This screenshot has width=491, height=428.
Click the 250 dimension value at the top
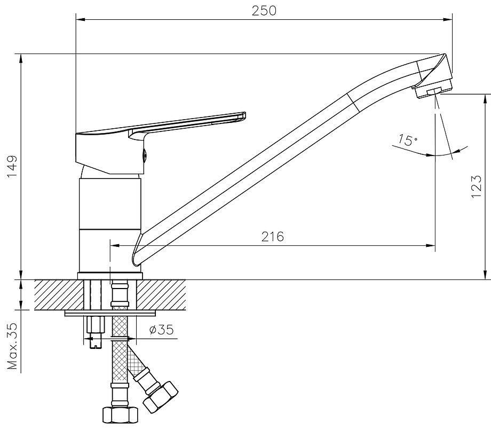pos(264,11)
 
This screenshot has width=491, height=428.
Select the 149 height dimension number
pos(12,167)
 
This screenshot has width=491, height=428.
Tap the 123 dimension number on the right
pos(476,186)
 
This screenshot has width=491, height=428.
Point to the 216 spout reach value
pos(273,237)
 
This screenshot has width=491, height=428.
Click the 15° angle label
pos(408,140)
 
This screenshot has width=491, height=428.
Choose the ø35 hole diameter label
pos(162,330)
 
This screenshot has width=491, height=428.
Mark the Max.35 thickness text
pos(12,346)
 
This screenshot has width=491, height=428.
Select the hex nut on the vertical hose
pos(121,415)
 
